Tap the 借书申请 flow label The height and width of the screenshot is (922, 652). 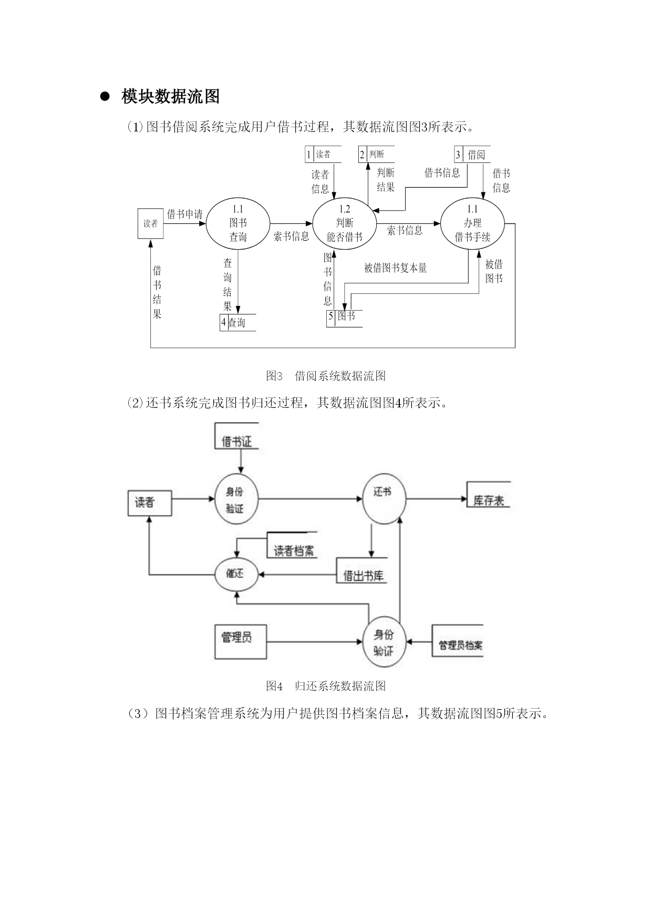click(185, 214)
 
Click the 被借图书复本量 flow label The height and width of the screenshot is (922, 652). click(396, 268)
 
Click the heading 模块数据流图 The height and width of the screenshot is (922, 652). click(170, 97)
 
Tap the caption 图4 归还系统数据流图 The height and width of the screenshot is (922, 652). click(326, 686)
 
